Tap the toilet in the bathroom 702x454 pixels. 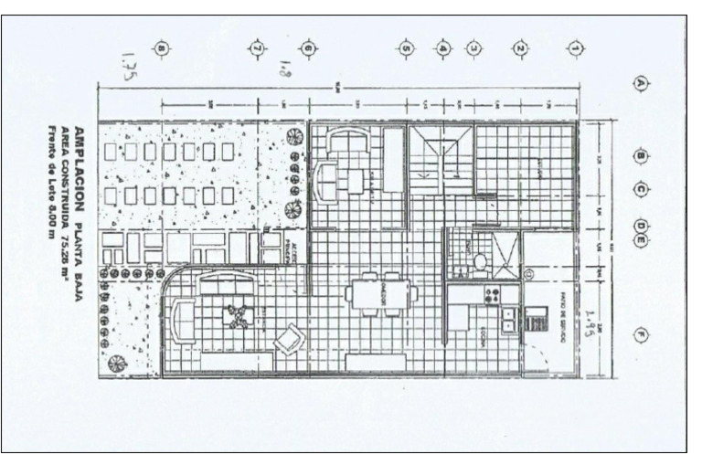(480, 262)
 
